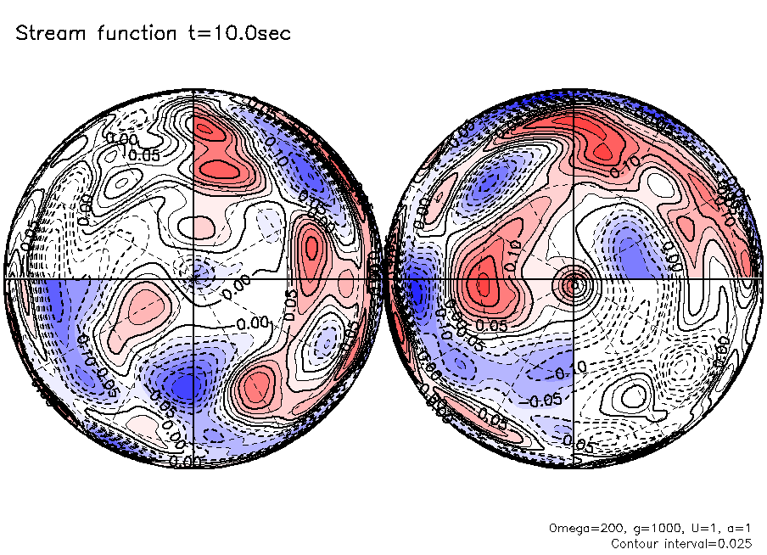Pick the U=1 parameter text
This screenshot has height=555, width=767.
coord(695,528)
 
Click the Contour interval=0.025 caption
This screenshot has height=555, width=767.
coord(681,542)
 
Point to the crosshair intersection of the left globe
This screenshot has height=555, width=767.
coord(194,277)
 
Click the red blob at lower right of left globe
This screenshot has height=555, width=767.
coord(258,387)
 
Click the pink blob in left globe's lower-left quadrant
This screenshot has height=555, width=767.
coord(143,302)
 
